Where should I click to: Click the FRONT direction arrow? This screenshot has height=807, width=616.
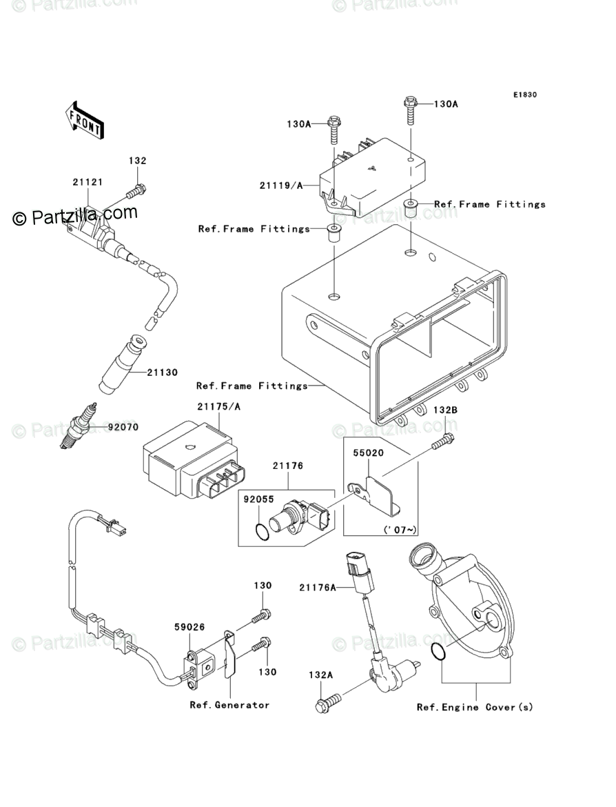84,120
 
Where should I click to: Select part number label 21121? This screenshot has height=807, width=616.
88,182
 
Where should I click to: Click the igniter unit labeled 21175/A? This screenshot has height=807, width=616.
193,459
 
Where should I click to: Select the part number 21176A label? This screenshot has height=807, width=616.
317,587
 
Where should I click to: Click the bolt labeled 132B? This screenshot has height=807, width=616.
443,441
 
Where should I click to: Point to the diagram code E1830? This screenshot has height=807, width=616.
524,94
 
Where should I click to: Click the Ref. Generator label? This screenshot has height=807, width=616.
229,705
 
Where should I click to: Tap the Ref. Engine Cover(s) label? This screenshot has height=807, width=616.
475,707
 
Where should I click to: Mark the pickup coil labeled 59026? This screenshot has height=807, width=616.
199,670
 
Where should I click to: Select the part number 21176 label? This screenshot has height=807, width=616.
288,466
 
